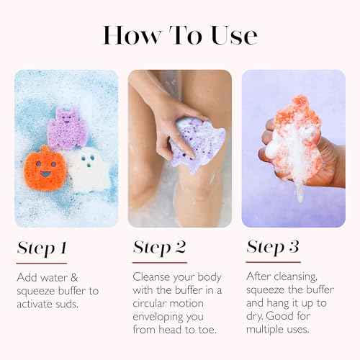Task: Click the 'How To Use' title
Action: point(180,35)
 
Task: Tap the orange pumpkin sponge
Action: point(45,168)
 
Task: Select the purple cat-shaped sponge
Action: point(66,129)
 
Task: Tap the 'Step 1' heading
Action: point(42,248)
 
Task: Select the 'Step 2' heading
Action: point(159,247)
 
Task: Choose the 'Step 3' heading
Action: point(273,247)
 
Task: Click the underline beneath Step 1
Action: point(42,264)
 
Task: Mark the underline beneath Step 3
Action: point(273,262)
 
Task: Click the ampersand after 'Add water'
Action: point(74,278)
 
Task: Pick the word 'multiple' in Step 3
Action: point(262,330)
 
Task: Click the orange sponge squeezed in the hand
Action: point(294,135)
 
